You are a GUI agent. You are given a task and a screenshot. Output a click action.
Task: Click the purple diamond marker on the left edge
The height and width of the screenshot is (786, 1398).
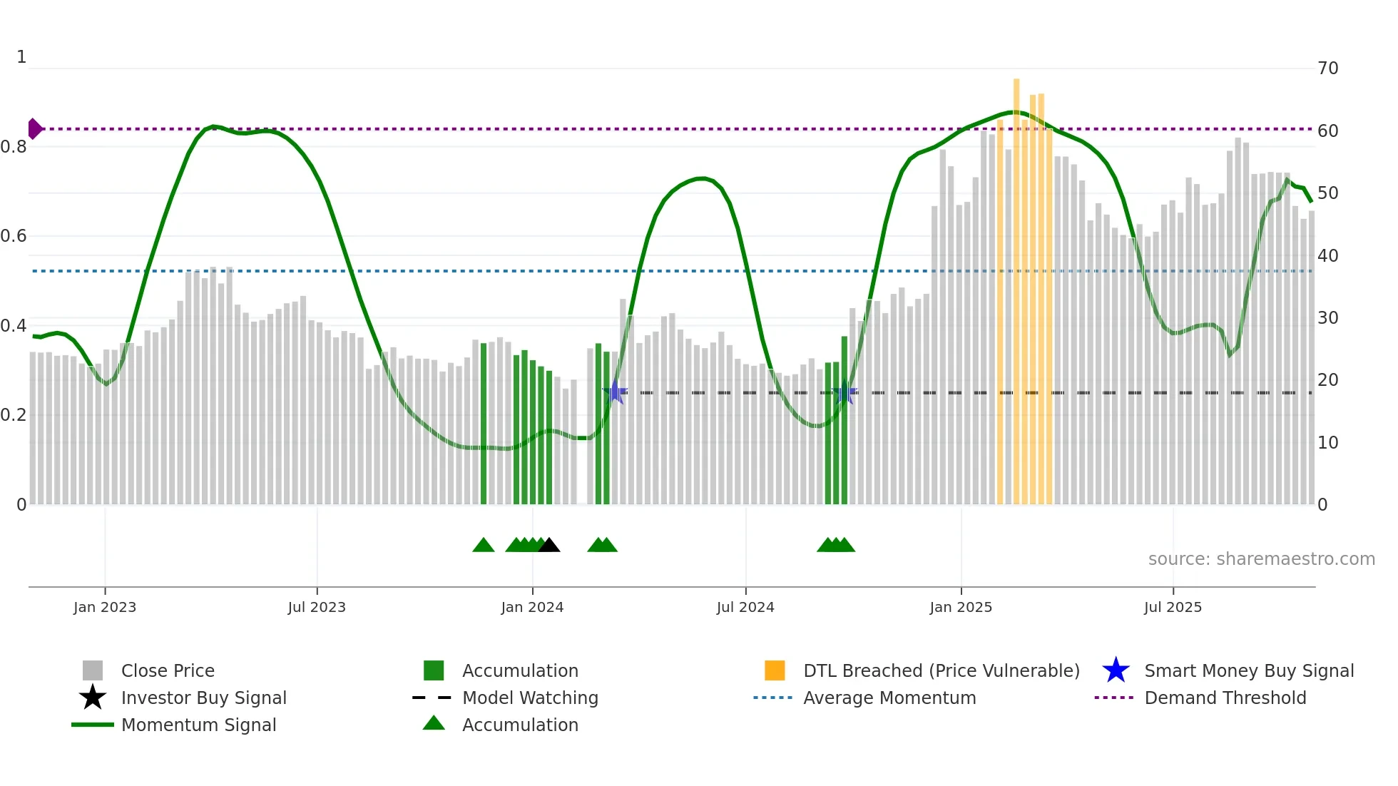tap(34, 129)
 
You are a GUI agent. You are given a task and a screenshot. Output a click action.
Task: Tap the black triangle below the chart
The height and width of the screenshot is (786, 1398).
tap(549, 546)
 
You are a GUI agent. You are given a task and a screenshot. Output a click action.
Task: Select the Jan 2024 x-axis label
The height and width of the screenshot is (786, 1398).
tap(532, 607)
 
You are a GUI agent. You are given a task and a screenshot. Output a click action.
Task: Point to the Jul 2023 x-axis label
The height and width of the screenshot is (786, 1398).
tap(317, 607)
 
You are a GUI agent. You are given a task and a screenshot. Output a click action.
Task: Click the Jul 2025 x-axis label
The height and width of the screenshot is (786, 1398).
tap(1173, 607)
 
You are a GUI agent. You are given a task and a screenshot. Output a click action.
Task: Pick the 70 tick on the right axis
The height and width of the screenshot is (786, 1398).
tap(1327, 68)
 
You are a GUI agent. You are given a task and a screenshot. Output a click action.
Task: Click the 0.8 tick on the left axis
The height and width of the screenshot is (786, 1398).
tap(14, 147)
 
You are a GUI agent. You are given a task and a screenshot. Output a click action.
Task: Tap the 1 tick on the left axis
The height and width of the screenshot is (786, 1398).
tap(21, 57)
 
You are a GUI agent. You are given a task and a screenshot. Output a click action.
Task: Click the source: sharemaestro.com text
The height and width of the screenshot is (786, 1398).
tap(1261, 559)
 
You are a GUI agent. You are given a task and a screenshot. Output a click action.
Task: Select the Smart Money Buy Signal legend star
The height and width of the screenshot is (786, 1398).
tap(1116, 670)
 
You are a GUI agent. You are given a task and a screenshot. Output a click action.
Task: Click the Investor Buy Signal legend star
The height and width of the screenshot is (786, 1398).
tap(93, 698)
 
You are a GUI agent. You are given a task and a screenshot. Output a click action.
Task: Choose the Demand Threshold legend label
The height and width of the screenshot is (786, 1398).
tap(1225, 698)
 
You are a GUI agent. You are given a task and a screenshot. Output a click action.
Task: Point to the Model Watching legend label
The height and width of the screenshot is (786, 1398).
tap(530, 698)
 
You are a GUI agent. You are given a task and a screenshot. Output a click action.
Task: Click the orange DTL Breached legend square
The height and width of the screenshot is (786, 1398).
tap(775, 670)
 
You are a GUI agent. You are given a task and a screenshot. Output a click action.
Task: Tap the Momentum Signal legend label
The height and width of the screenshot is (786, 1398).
tap(198, 725)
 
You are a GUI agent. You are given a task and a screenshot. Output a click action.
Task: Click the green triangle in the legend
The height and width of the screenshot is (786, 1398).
tap(434, 723)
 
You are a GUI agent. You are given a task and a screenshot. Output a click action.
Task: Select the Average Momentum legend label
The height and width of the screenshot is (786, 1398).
tap(889, 698)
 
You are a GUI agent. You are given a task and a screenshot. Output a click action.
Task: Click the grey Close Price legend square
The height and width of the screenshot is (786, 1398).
tap(93, 670)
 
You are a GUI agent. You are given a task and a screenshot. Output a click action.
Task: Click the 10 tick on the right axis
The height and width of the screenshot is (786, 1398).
tap(1327, 443)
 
